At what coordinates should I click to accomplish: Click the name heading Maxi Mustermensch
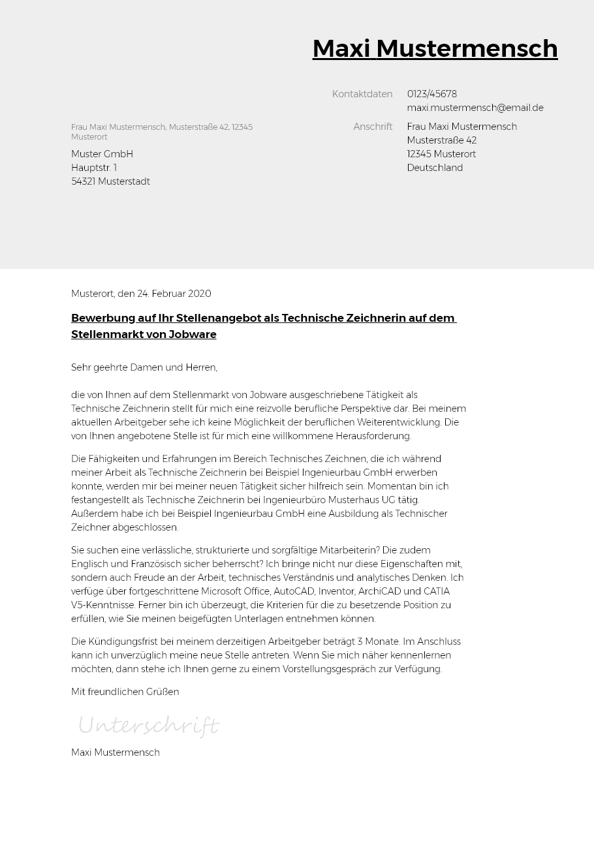pyautogui.click(x=435, y=48)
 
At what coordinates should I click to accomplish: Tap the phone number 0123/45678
pyautogui.click(x=431, y=94)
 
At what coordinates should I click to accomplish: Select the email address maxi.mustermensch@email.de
pyautogui.click(x=475, y=108)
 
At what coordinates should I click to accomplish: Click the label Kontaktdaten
pyautogui.click(x=362, y=94)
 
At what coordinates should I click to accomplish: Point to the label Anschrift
pyautogui.click(x=373, y=127)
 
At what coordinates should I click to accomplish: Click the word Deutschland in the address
pyautogui.click(x=435, y=168)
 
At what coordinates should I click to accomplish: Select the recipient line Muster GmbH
pyautogui.click(x=102, y=154)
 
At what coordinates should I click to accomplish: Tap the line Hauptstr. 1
pyautogui.click(x=94, y=168)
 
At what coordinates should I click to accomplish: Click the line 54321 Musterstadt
pyautogui.click(x=110, y=181)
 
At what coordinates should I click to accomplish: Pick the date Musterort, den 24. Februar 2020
pyautogui.click(x=141, y=294)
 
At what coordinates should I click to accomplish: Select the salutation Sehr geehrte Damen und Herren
pyautogui.click(x=144, y=367)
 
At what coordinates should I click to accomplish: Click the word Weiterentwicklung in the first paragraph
pyautogui.click(x=400, y=422)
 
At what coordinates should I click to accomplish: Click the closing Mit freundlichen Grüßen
pyautogui.click(x=125, y=692)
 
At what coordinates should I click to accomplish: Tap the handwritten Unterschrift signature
pyautogui.click(x=149, y=725)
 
